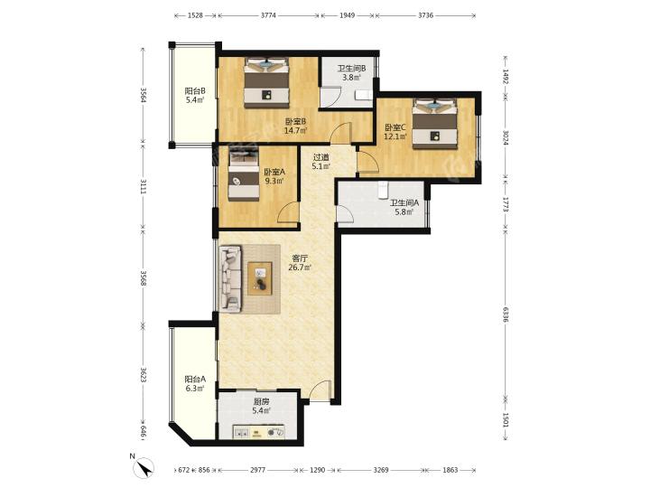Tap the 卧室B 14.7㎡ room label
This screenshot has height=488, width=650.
pos(295,127)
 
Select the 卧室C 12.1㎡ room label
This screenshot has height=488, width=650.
pos(395,132)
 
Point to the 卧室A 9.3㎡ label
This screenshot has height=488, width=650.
pos(274,176)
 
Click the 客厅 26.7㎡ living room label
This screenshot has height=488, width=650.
pos(300,262)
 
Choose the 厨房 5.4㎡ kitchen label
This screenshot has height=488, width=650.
pos(261,407)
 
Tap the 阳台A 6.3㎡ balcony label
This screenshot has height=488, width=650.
pos(195,384)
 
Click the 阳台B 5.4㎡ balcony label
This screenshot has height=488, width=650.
pos(195,96)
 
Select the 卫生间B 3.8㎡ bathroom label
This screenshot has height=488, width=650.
pos(351,72)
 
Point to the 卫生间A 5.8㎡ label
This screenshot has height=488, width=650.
pos(404,208)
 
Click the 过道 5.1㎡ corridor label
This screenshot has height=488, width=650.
pos(320,162)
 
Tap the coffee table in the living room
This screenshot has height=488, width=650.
pos(260,278)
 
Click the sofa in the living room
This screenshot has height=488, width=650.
pos(230,278)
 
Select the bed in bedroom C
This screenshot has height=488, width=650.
pos(435,124)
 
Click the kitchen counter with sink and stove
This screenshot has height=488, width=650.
pos(259,432)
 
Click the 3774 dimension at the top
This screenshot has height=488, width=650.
pos(269,15)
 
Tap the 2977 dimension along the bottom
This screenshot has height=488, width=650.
pos(258,470)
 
